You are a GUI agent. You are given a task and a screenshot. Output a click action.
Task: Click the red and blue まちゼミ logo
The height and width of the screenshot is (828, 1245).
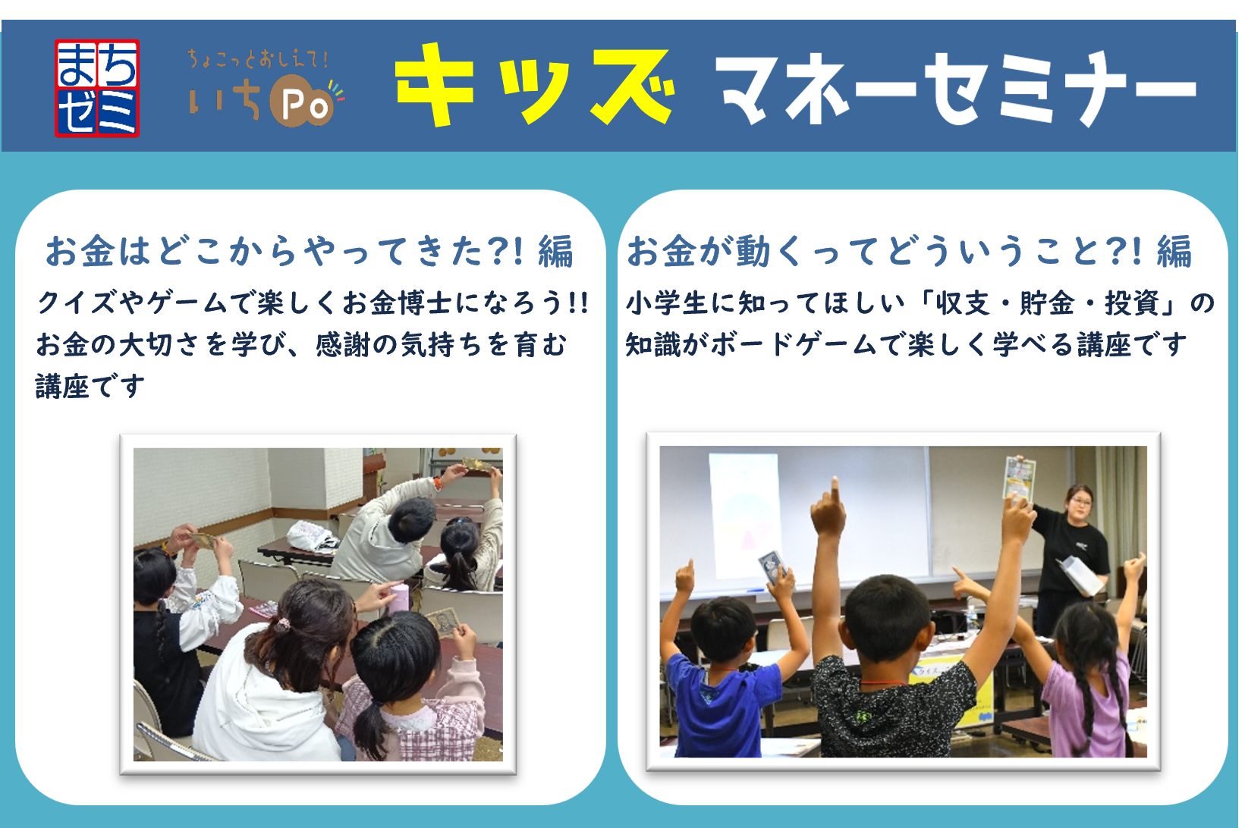97,88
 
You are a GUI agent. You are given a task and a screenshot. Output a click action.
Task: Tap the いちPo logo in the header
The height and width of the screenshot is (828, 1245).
266,89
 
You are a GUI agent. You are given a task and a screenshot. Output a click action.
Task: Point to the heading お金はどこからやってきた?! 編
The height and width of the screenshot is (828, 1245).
309,251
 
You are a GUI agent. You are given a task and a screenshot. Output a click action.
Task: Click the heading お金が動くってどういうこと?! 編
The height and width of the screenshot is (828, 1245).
910,251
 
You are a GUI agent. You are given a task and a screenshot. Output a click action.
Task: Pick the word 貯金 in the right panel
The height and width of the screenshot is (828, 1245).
1047,303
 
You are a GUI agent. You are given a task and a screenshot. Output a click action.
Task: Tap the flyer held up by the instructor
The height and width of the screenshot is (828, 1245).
1019,478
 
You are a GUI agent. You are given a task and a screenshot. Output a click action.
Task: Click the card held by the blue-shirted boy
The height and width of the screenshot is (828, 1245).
772,566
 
